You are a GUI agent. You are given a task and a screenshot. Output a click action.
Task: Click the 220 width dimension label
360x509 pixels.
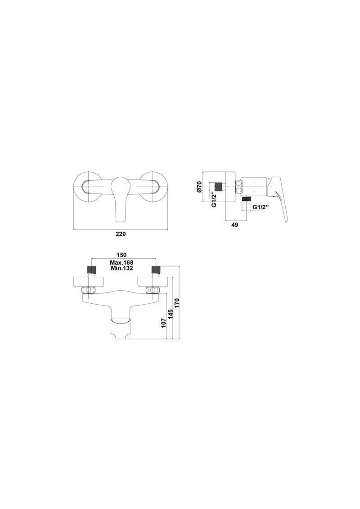[x=121, y=234]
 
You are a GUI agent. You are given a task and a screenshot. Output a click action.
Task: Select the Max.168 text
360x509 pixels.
[x=122, y=262]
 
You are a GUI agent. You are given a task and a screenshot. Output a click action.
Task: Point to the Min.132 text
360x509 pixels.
[x=122, y=268]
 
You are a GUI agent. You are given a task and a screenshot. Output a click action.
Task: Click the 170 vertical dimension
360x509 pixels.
[x=177, y=303]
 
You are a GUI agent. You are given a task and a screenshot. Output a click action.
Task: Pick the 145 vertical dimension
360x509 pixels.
[x=171, y=314]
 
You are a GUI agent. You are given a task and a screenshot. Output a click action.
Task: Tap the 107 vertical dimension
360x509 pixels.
[x=164, y=323]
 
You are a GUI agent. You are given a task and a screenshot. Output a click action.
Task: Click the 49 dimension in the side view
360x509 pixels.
[x=235, y=225]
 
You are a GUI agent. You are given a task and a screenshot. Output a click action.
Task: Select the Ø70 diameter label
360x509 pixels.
[x=200, y=187]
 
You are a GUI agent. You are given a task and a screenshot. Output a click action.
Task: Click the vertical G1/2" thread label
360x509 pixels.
[x=214, y=200]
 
